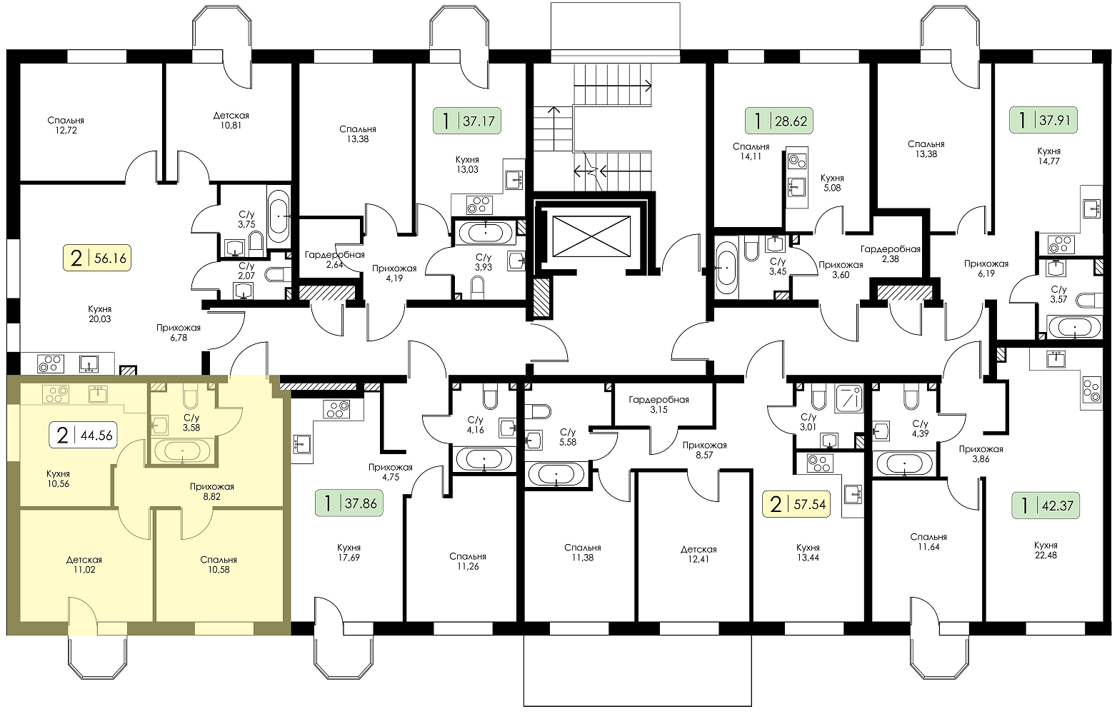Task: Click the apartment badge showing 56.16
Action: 97,258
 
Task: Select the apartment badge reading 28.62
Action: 779,121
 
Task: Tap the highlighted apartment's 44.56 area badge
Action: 84,436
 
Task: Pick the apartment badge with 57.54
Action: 796,505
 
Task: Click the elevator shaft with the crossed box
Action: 591,236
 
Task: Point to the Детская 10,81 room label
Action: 231,120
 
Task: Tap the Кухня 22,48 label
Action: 1046,550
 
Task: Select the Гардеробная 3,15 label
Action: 658,404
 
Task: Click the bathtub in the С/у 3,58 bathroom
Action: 182,451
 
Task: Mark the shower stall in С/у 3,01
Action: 849,398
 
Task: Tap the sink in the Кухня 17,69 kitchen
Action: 302,444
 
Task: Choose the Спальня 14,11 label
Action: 751,151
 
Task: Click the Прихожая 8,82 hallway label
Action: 212,492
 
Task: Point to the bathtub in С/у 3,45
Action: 726,268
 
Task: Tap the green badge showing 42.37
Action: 1046,506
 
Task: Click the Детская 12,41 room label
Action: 698,554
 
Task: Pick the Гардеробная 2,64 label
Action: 334,259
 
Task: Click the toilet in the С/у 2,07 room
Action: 276,273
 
